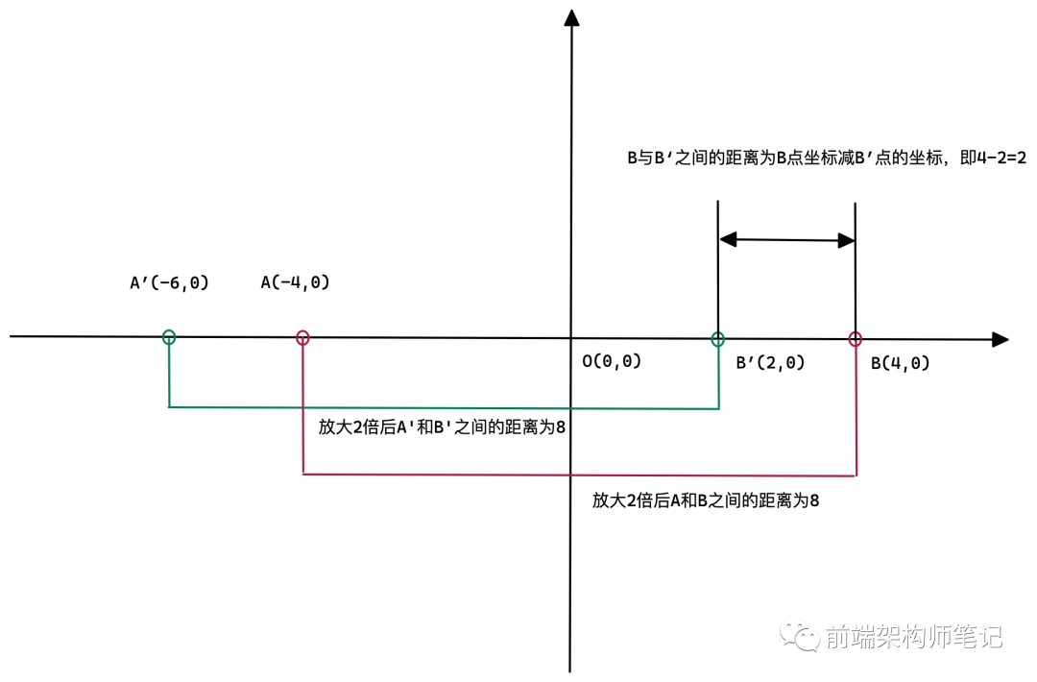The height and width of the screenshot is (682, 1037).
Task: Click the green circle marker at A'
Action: pyautogui.click(x=169, y=336)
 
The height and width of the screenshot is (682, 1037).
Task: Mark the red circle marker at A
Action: pyautogui.click(x=302, y=337)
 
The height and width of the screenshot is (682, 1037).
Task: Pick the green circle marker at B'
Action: pyautogui.click(x=717, y=338)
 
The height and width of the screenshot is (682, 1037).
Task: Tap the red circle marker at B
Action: pyautogui.click(x=856, y=338)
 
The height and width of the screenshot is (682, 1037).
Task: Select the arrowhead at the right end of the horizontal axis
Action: pyautogui.click(x=1000, y=339)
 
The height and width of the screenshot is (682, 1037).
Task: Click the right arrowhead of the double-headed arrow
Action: pyautogui.click(x=846, y=240)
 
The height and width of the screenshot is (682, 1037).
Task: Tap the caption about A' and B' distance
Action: pyautogui.click(x=442, y=427)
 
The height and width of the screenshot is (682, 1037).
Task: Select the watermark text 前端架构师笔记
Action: pyautogui.click(x=912, y=636)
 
